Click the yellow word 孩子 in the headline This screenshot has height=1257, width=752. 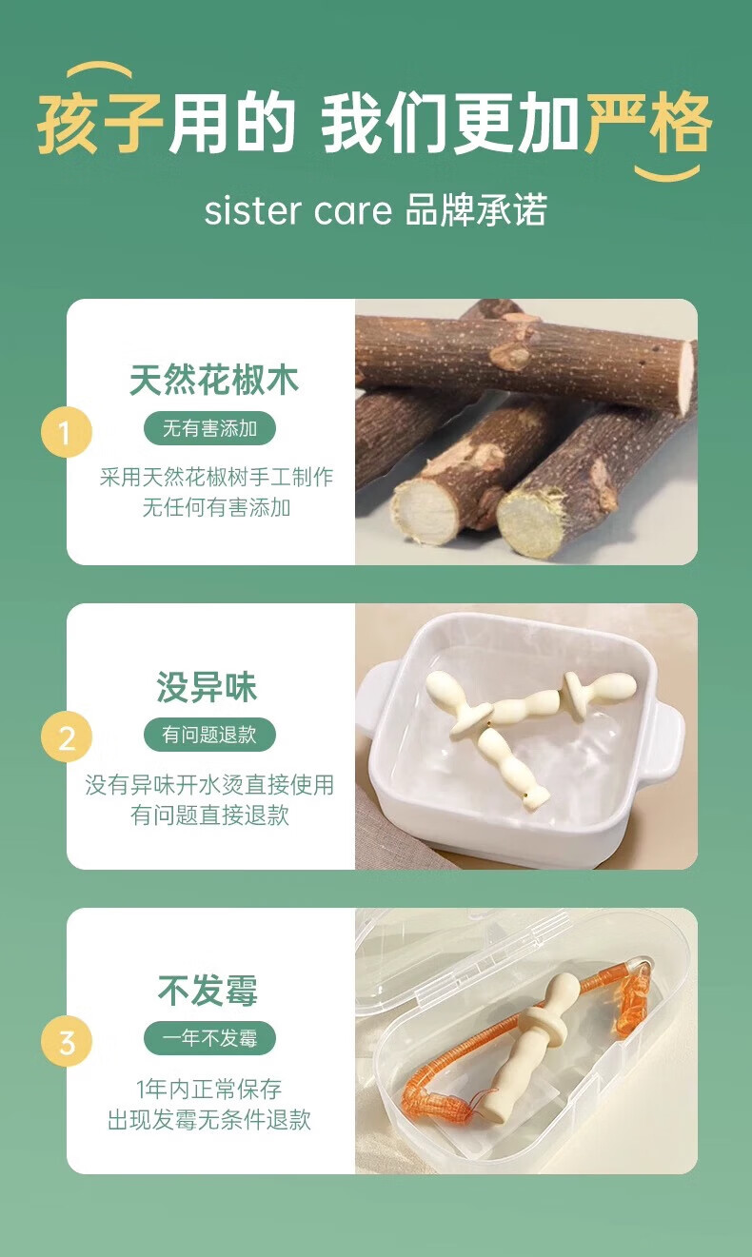coord(100,124)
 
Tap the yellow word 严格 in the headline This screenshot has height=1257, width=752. coord(649,124)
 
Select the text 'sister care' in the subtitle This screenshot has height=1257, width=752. coord(298,211)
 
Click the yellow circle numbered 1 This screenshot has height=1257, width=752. coord(67,433)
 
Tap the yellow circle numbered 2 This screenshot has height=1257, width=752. coord(67,737)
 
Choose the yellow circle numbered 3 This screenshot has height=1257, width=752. coord(67,1043)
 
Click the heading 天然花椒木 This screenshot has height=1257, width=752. coord(214,380)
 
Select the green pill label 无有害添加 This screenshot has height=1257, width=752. coord(209,429)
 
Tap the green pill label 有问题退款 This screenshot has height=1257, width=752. coord(209,734)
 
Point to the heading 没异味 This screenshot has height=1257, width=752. coord(207,687)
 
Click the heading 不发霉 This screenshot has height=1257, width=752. coord(208,991)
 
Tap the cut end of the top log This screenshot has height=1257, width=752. coord(685,377)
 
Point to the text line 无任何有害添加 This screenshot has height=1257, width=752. coord(217,508)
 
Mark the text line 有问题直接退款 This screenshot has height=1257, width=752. coord(209,815)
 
